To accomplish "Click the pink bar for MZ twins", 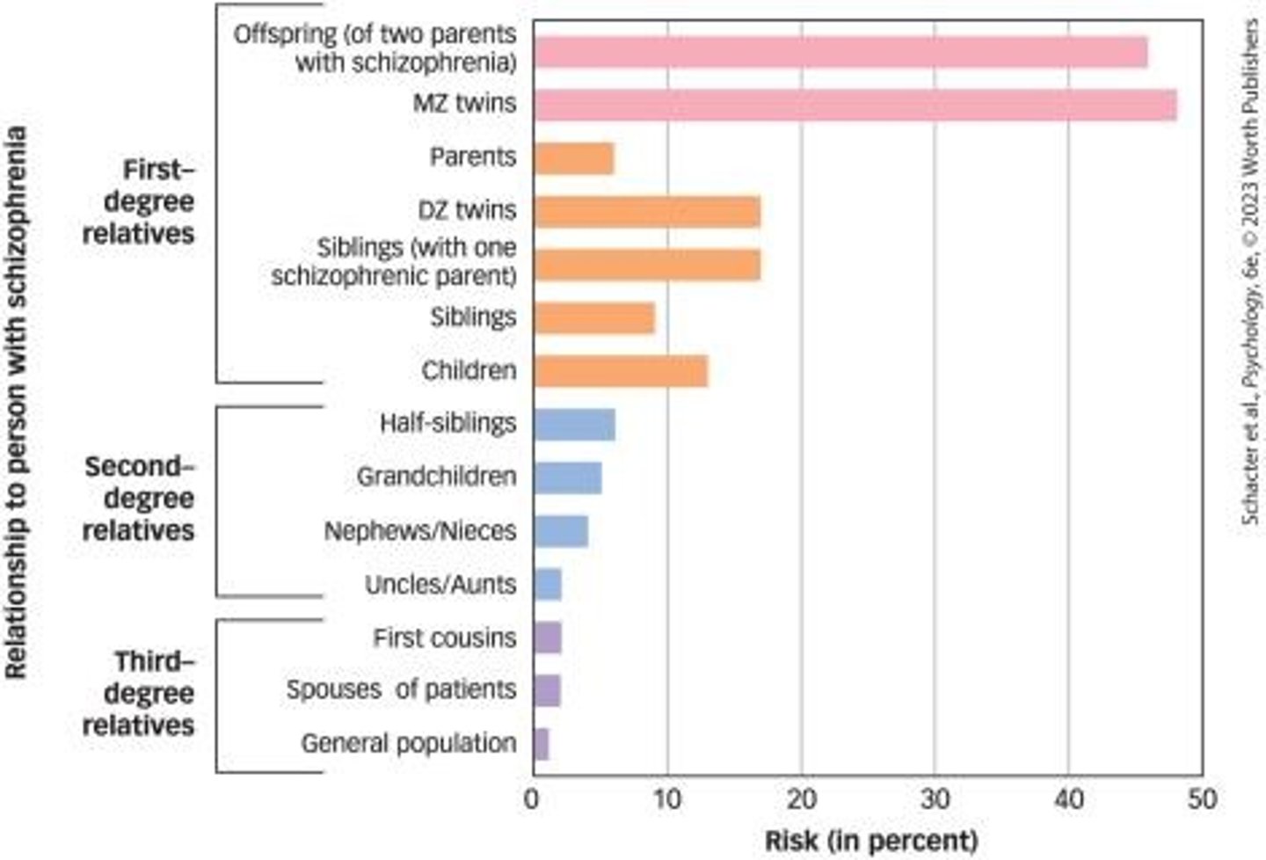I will tap(855, 105).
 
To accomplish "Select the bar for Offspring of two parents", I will tap(840, 52).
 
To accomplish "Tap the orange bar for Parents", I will tap(573, 158).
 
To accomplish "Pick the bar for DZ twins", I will tap(647, 212).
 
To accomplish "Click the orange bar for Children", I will tap(621, 371).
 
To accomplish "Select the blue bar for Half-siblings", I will tap(574, 424).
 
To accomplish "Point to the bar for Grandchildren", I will tap(568, 477).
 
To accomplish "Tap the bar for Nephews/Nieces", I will tap(561, 531).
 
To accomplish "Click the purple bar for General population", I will tap(542, 744).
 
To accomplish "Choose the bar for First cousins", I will tap(548, 638).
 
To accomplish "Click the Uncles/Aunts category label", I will tap(440, 585).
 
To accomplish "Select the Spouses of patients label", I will tap(401, 689).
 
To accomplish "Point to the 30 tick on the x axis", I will tap(935, 799).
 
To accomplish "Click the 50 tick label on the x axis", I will tap(1202, 799).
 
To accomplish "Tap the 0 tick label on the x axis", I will tap(532, 799).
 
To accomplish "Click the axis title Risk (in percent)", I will tap(870, 840).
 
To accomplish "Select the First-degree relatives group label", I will tap(139, 201).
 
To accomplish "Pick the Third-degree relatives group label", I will tap(139, 693).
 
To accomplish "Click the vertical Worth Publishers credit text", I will tap(1250, 273).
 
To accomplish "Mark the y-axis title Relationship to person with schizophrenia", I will tap(17, 403).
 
